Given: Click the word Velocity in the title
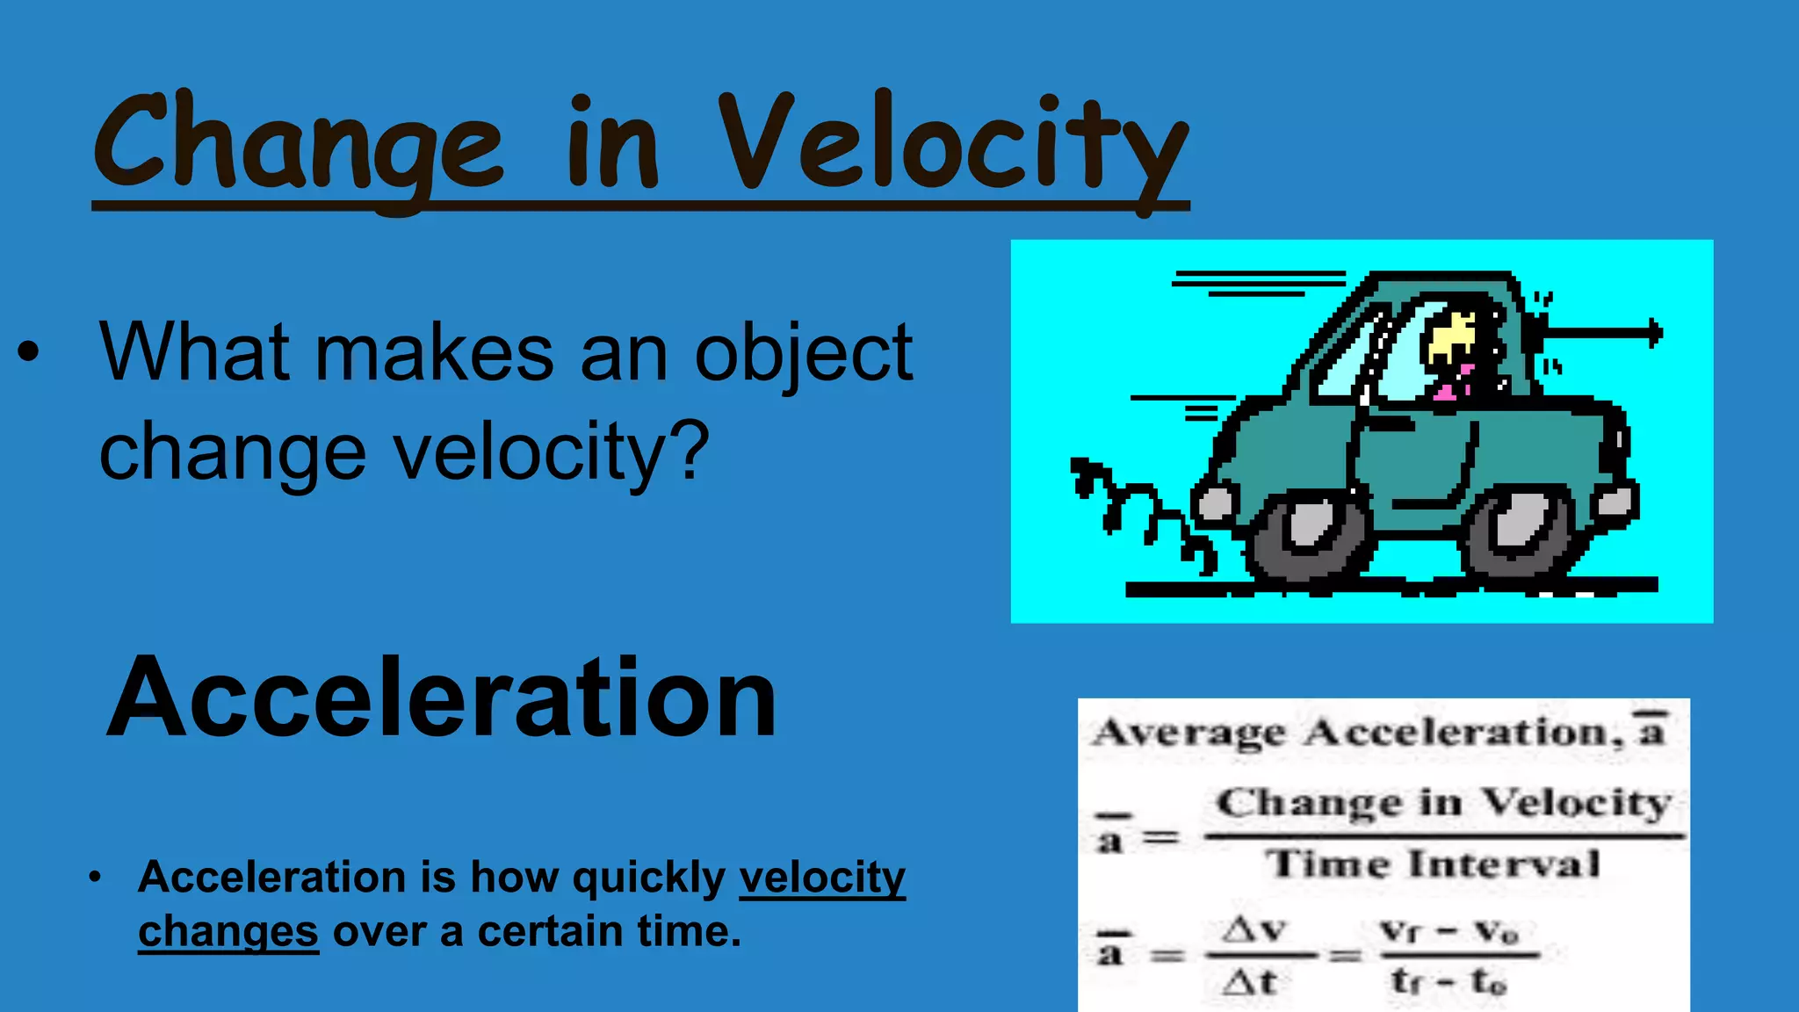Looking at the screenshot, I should [953, 145].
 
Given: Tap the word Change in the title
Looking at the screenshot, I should [299, 145].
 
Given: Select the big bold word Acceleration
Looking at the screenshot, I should [441, 698].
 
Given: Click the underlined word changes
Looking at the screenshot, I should [228, 931].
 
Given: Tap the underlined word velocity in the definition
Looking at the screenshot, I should [822, 877].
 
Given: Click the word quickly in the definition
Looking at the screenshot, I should [648, 877].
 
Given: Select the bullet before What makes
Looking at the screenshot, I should [28, 351].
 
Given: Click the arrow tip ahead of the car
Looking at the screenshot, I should [1656, 333].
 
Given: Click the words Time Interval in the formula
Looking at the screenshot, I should [1434, 864].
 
